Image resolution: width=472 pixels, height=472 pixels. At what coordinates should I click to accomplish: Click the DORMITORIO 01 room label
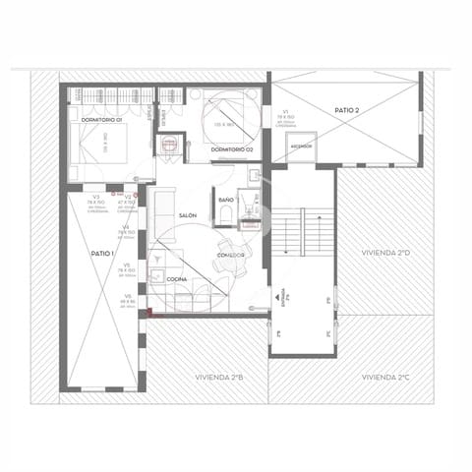pos(101,120)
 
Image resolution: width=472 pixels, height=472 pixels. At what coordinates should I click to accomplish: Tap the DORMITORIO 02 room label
pos(232,148)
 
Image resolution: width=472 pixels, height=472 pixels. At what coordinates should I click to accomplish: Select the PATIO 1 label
pos(102,254)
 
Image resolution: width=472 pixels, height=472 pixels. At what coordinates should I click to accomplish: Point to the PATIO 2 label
pos(345,111)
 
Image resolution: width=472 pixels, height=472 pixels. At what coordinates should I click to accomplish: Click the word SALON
pos(188,215)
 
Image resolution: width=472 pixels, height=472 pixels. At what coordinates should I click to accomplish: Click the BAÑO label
pos(226,200)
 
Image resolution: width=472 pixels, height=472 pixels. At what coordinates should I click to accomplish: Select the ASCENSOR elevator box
pos(300,147)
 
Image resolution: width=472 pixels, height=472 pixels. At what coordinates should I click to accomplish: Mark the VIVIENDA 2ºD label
pos(384,253)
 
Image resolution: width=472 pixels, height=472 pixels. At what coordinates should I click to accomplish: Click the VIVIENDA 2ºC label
pos(384,377)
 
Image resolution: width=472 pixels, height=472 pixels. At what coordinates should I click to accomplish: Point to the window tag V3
pos(96,198)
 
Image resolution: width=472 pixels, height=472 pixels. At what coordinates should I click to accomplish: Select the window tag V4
pos(125,228)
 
